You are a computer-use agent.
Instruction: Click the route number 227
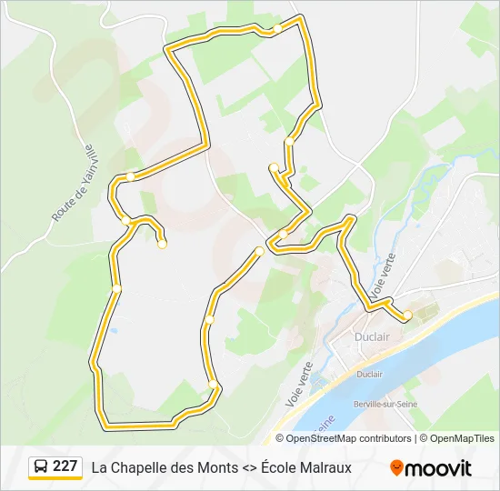pos(65,466)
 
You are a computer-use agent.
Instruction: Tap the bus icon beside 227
pos(42,466)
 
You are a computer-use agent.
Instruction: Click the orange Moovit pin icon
pos(396,467)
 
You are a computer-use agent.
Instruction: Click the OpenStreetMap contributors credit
pos(348,438)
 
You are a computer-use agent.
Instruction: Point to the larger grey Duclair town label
pos(372,336)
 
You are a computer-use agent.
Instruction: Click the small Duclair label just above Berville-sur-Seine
pos(369,374)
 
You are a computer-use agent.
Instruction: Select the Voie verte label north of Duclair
pos(384,275)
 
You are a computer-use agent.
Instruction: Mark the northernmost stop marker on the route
pos(277,28)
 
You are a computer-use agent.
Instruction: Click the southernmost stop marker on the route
pos(213,386)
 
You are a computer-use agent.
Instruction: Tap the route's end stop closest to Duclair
pos(407,315)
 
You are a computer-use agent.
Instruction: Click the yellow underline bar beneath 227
pos(55,479)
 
